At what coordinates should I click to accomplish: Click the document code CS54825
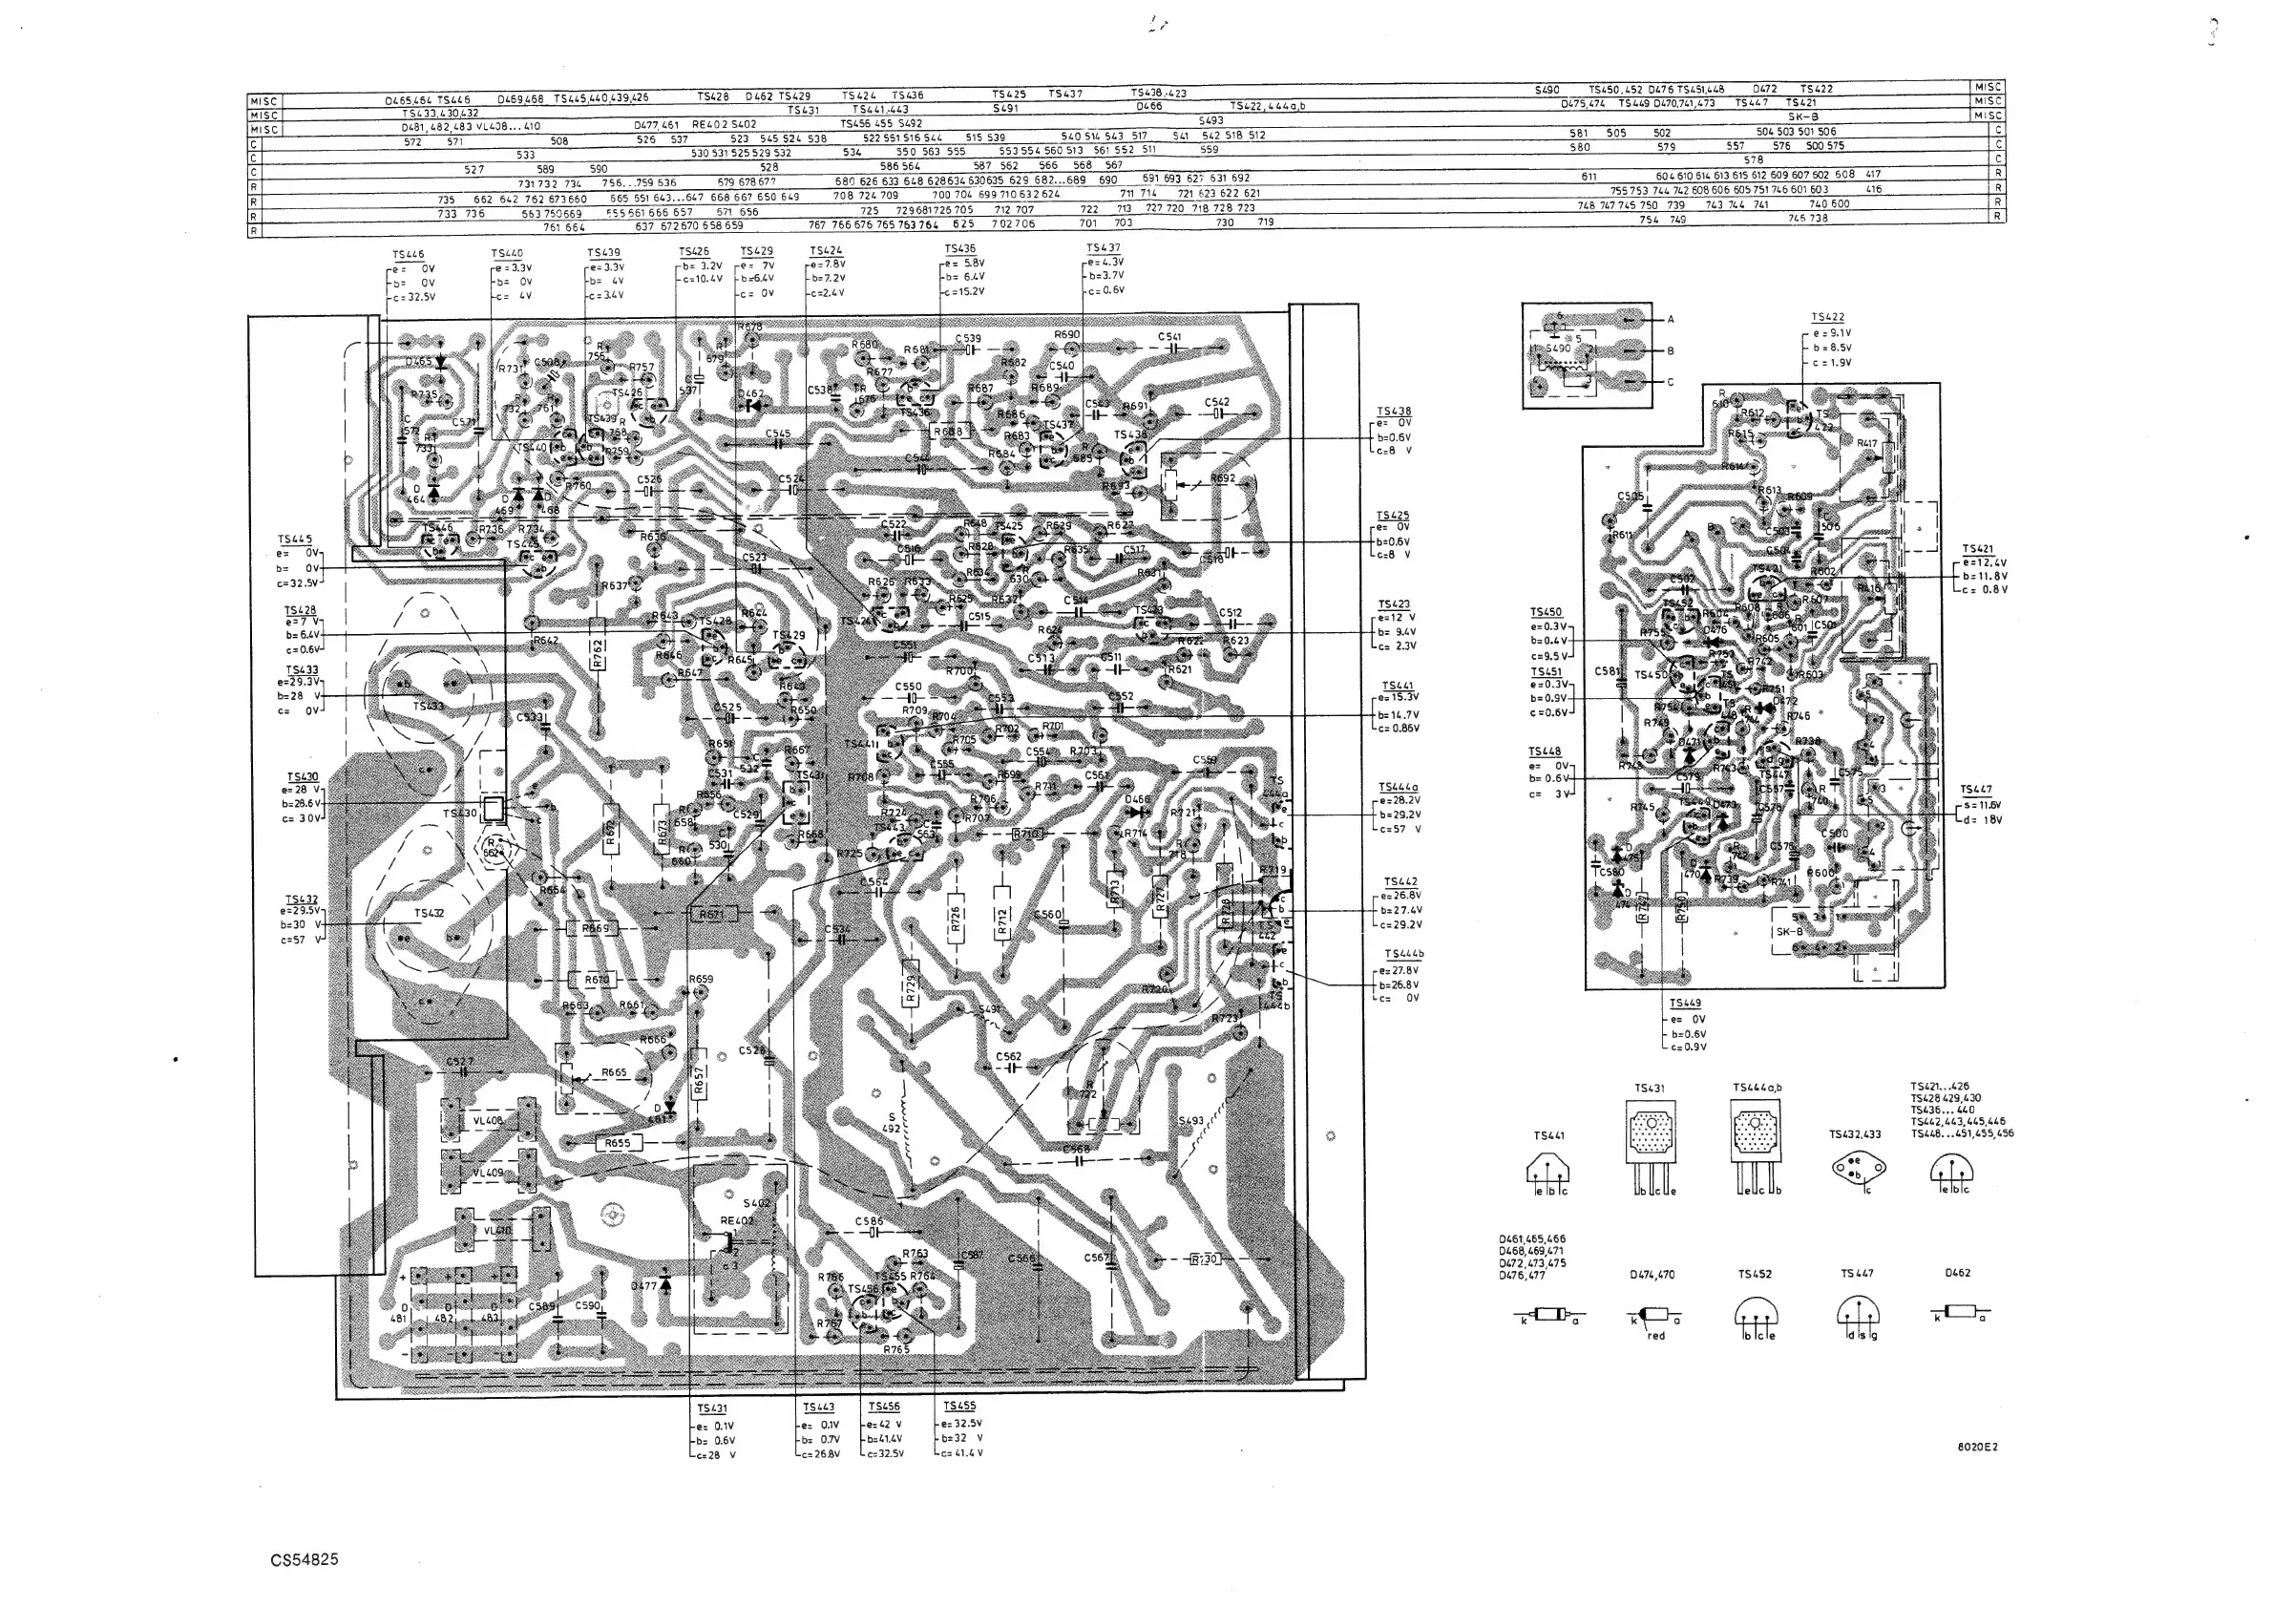[x=304, y=1559]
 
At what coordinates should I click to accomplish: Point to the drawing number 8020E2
[x=1977, y=1447]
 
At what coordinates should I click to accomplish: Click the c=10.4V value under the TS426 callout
[x=702, y=279]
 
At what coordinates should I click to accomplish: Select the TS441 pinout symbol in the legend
[x=1548, y=1174]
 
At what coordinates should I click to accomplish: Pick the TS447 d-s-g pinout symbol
[x=1857, y=1315]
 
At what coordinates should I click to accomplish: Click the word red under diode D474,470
[x=1656, y=1336]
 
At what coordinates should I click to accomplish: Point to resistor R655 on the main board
[x=617, y=1144]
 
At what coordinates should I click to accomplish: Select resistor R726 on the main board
[x=956, y=920]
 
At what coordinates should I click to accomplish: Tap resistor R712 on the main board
[x=1001, y=920]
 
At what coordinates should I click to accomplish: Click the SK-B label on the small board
[x=1790, y=932]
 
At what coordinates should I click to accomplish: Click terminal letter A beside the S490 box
[x=1671, y=320]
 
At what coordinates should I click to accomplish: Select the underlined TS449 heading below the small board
[x=1685, y=1004]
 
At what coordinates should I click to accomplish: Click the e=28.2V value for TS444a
[x=1400, y=800]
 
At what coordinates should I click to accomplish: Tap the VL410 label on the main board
[x=497, y=1231]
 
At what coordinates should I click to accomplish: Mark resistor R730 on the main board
[x=1204, y=1259]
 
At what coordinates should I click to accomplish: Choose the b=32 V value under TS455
[x=962, y=1438]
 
